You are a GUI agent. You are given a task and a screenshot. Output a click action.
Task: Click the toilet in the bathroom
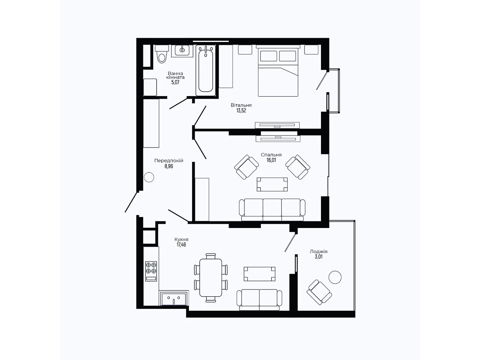(x=162, y=55)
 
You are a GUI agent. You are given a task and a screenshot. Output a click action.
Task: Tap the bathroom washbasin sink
(x=182, y=50)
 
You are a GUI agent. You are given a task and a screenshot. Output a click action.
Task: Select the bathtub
(x=206, y=71)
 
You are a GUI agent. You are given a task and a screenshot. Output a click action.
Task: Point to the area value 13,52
(x=241, y=110)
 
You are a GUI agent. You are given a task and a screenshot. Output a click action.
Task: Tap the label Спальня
(x=271, y=155)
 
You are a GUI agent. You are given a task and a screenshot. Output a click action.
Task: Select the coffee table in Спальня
(x=272, y=184)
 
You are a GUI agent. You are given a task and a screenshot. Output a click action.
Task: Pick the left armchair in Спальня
(x=246, y=167)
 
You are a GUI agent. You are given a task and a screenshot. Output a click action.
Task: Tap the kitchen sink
(x=174, y=298)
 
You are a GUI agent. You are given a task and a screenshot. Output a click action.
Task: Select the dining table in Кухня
(x=211, y=277)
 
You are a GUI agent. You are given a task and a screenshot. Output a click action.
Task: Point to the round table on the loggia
(x=335, y=277)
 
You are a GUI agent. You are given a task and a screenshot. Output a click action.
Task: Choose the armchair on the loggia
(x=319, y=292)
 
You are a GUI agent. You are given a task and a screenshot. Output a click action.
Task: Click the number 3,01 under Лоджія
(x=319, y=257)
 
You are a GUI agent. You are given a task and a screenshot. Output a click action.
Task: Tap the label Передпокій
(x=169, y=161)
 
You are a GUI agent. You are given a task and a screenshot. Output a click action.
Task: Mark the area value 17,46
(x=181, y=245)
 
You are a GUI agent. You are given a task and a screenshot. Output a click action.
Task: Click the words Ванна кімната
(x=175, y=75)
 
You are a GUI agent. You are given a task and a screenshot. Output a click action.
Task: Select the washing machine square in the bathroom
(x=150, y=87)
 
